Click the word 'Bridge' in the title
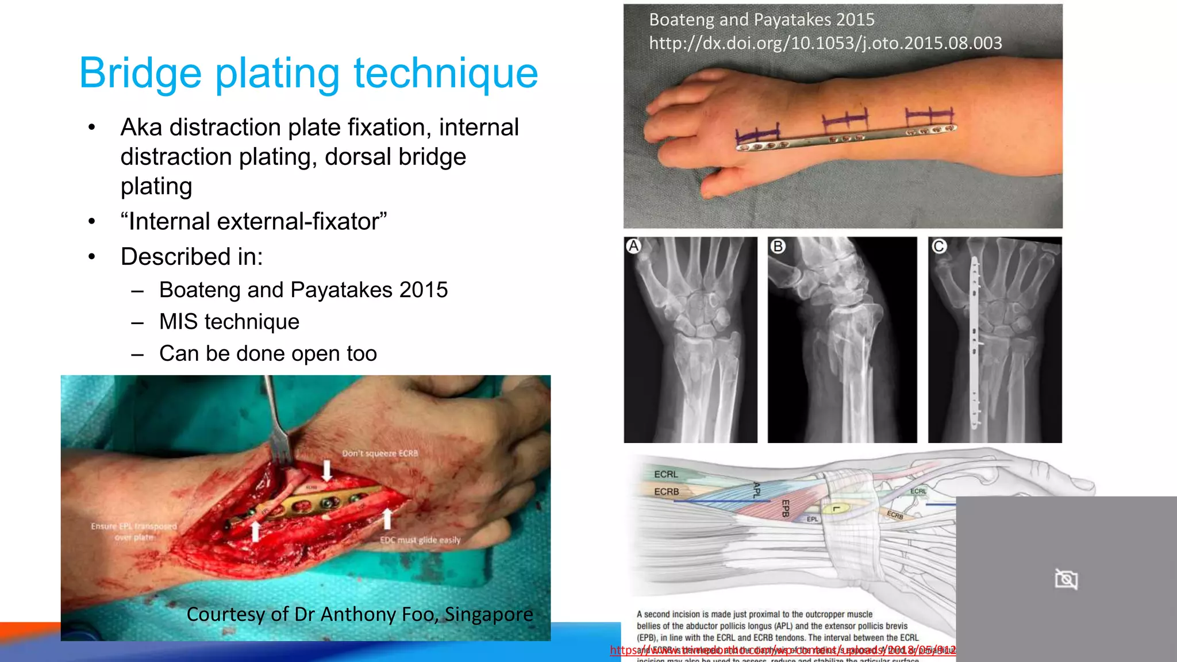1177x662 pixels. tap(140, 74)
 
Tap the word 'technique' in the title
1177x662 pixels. tap(445, 74)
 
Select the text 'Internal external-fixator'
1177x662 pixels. tap(253, 222)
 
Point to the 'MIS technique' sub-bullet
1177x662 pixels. tap(229, 322)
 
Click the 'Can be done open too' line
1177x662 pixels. tap(268, 354)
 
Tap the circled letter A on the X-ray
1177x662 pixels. tap(633, 247)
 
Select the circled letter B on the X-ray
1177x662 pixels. tap(778, 247)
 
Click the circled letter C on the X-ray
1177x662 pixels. tap(939, 247)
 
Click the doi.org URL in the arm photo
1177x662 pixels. tap(825, 43)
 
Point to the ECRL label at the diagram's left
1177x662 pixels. tap(666, 474)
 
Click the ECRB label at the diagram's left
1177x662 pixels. tap(666, 492)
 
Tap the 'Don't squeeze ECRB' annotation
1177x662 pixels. tap(380, 453)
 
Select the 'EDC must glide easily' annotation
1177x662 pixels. tap(420, 540)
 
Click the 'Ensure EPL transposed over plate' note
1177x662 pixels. tap(134, 532)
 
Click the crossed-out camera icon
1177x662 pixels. tap(1066, 579)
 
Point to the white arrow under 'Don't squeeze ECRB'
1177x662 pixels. tap(327, 470)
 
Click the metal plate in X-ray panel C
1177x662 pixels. tap(975, 345)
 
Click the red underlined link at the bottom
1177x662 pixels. tap(783, 650)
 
